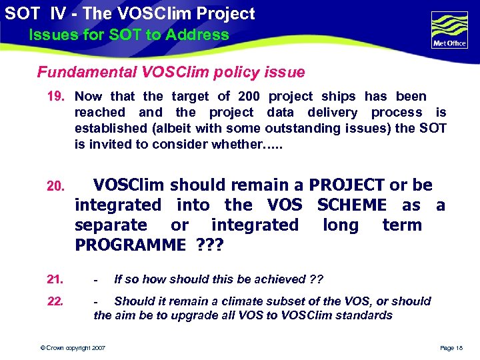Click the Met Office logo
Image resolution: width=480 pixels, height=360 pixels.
[449, 30]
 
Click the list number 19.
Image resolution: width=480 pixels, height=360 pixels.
[55, 97]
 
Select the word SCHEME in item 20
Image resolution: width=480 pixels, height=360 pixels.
[351, 205]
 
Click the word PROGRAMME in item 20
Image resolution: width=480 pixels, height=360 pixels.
[130, 245]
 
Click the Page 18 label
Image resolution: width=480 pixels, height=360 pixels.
[451, 348]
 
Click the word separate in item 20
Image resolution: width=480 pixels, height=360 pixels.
[111, 225]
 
